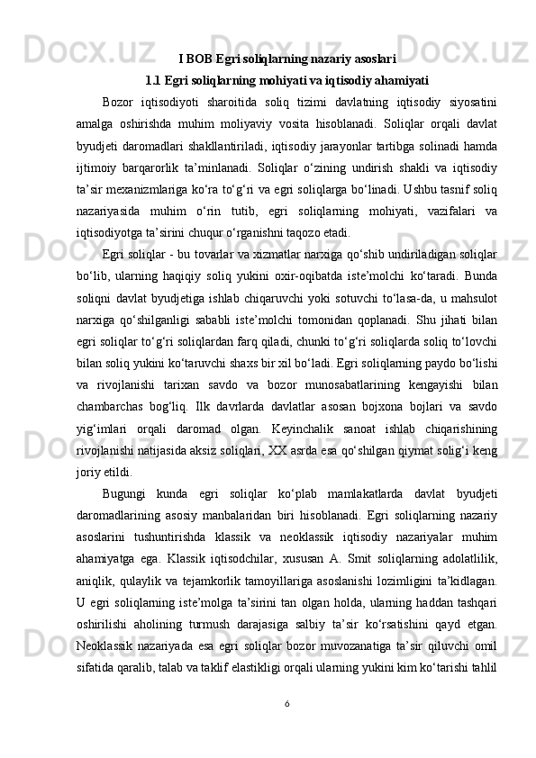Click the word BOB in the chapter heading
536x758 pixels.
(x=197, y=60)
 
